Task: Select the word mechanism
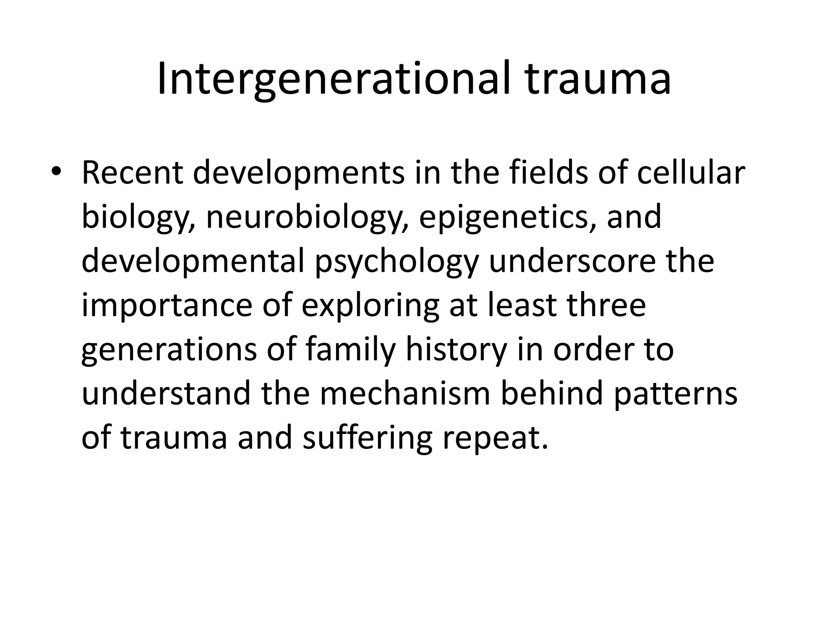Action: [x=405, y=394]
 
